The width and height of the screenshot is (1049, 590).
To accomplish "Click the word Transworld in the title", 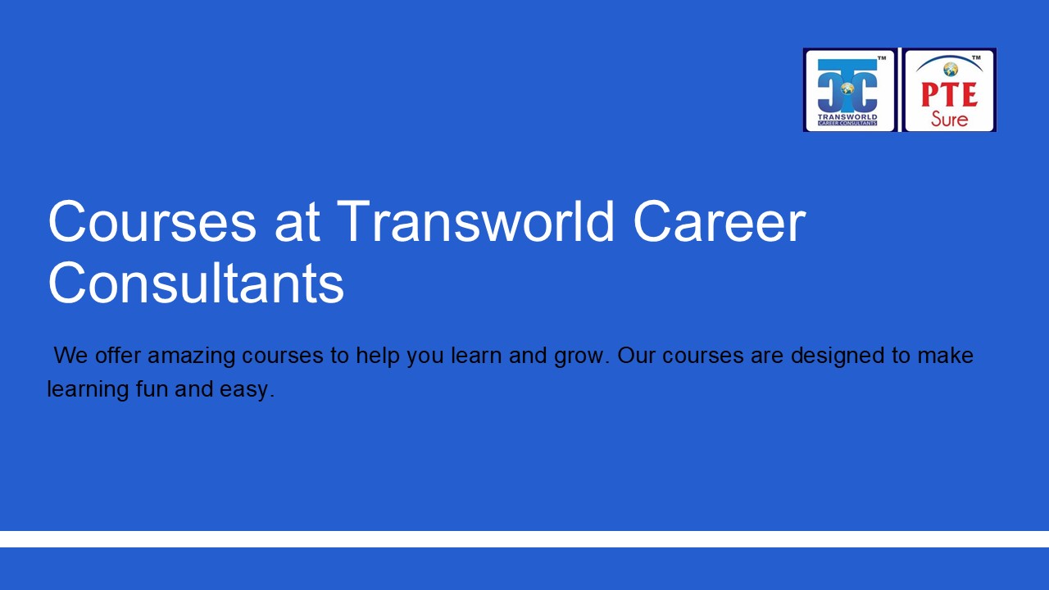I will coord(475,221).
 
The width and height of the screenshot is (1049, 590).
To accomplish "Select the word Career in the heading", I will coord(720,221).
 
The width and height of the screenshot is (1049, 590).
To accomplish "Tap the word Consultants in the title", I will coord(195,284).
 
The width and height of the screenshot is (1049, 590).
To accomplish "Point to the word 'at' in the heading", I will coord(296,223).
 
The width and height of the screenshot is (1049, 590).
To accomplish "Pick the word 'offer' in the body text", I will coord(118,356).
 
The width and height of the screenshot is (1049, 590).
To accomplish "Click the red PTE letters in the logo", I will coord(949,94).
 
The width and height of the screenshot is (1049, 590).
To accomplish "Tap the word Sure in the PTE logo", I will coord(949,120).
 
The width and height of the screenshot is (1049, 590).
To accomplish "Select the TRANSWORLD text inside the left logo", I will coord(847,117).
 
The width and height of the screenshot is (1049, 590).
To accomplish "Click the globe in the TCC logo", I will coord(847,88).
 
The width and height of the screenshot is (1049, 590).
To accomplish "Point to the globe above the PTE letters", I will coord(951,70).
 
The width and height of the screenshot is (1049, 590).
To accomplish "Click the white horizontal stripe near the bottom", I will coord(524,539).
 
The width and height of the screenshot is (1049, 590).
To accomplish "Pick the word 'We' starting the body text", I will coord(70,356).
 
